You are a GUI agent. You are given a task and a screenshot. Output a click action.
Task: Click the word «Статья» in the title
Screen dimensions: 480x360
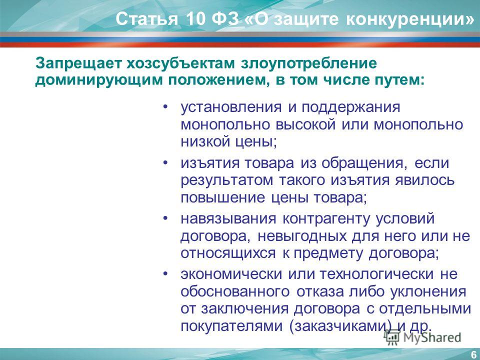(146, 19)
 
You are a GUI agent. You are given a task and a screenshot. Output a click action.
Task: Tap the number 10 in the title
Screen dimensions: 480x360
(195, 18)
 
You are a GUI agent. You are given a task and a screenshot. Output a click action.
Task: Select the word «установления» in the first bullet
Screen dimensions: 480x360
(231, 107)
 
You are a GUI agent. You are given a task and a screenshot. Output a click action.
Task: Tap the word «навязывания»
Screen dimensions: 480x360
(228, 219)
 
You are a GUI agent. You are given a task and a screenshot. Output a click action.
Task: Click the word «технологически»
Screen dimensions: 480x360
(377, 274)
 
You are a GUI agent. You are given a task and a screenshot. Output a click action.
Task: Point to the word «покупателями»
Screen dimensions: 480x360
(231, 325)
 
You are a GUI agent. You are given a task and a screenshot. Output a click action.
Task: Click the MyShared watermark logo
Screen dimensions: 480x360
(423, 337)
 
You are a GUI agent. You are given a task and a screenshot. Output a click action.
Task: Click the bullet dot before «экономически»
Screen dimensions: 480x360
(165, 272)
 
